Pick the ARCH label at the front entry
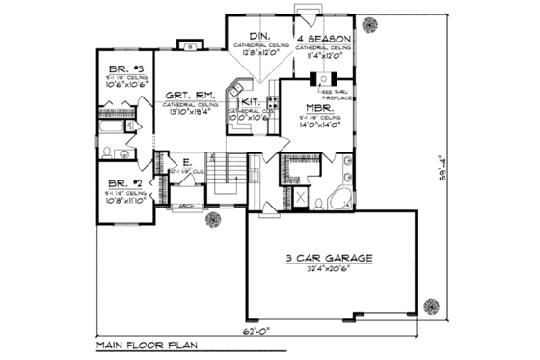(x=186, y=206)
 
